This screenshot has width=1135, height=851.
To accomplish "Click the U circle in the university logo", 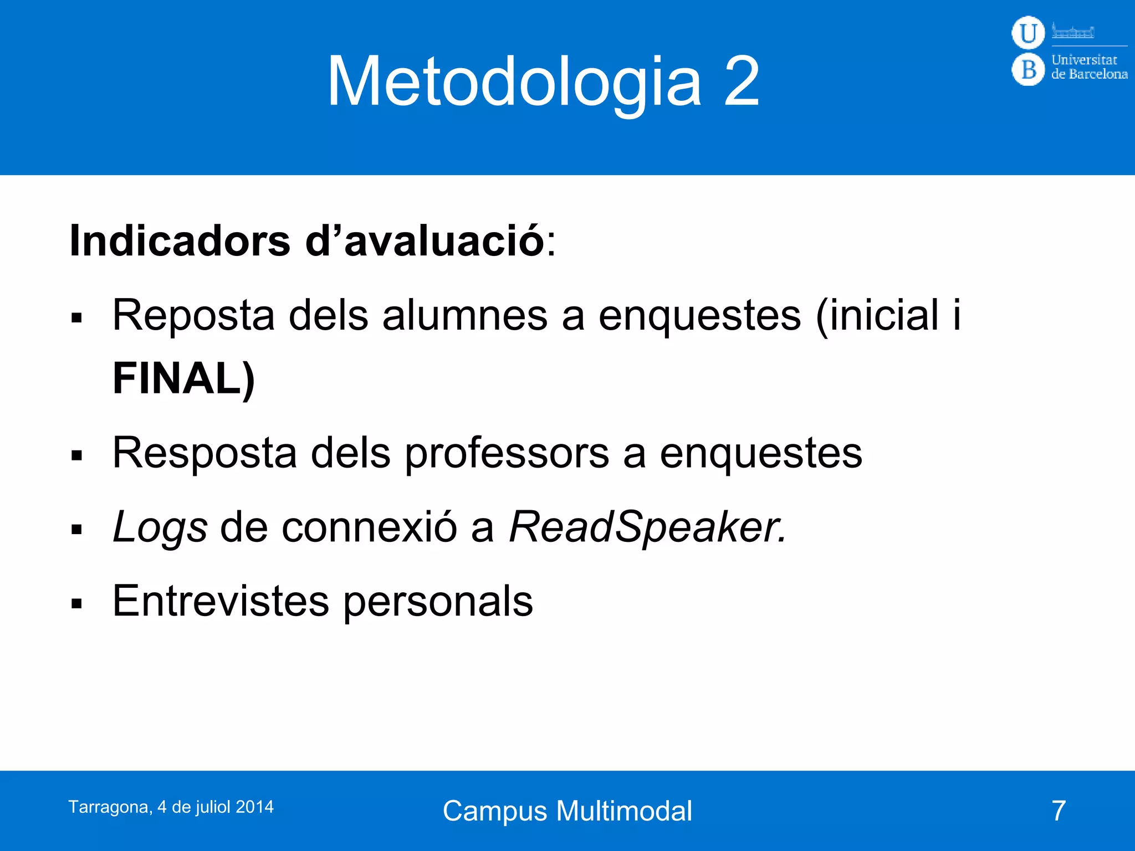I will [1028, 33].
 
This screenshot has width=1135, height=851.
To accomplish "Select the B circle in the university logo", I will [1028, 70].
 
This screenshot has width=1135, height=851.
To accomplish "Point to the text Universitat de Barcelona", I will [1089, 67].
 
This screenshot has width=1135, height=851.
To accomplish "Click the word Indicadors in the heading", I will [180, 241].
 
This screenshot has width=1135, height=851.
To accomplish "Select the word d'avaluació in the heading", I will [425, 241].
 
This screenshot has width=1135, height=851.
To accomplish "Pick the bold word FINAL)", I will [183, 378].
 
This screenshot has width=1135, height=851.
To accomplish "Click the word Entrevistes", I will [221, 601].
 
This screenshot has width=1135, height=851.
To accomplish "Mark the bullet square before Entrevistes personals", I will [76, 603].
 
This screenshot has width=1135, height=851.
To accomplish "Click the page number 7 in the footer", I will [1059, 811].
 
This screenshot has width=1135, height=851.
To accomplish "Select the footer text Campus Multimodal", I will [567, 811].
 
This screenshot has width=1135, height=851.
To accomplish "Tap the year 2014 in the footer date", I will [254, 807].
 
